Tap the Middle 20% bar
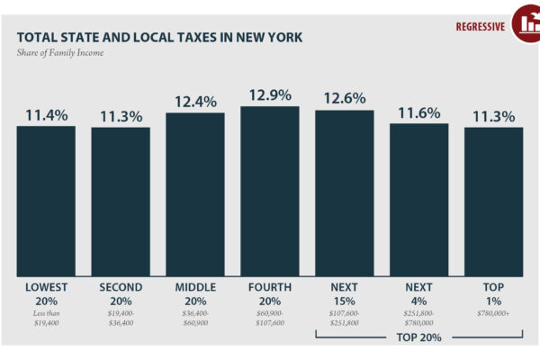tap(195, 194)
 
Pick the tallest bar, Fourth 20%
tap(270, 191)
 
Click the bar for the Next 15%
tap(345, 193)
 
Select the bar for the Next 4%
tap(418, 199)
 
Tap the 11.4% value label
tap(46, 115)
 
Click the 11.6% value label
tap(418, 112)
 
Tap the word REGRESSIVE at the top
tap(480, 25)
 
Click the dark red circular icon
tap(526, 23)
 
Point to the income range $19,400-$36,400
tap(121, 317)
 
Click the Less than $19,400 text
tap(46, 317)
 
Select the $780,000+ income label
tap(493, 310)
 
